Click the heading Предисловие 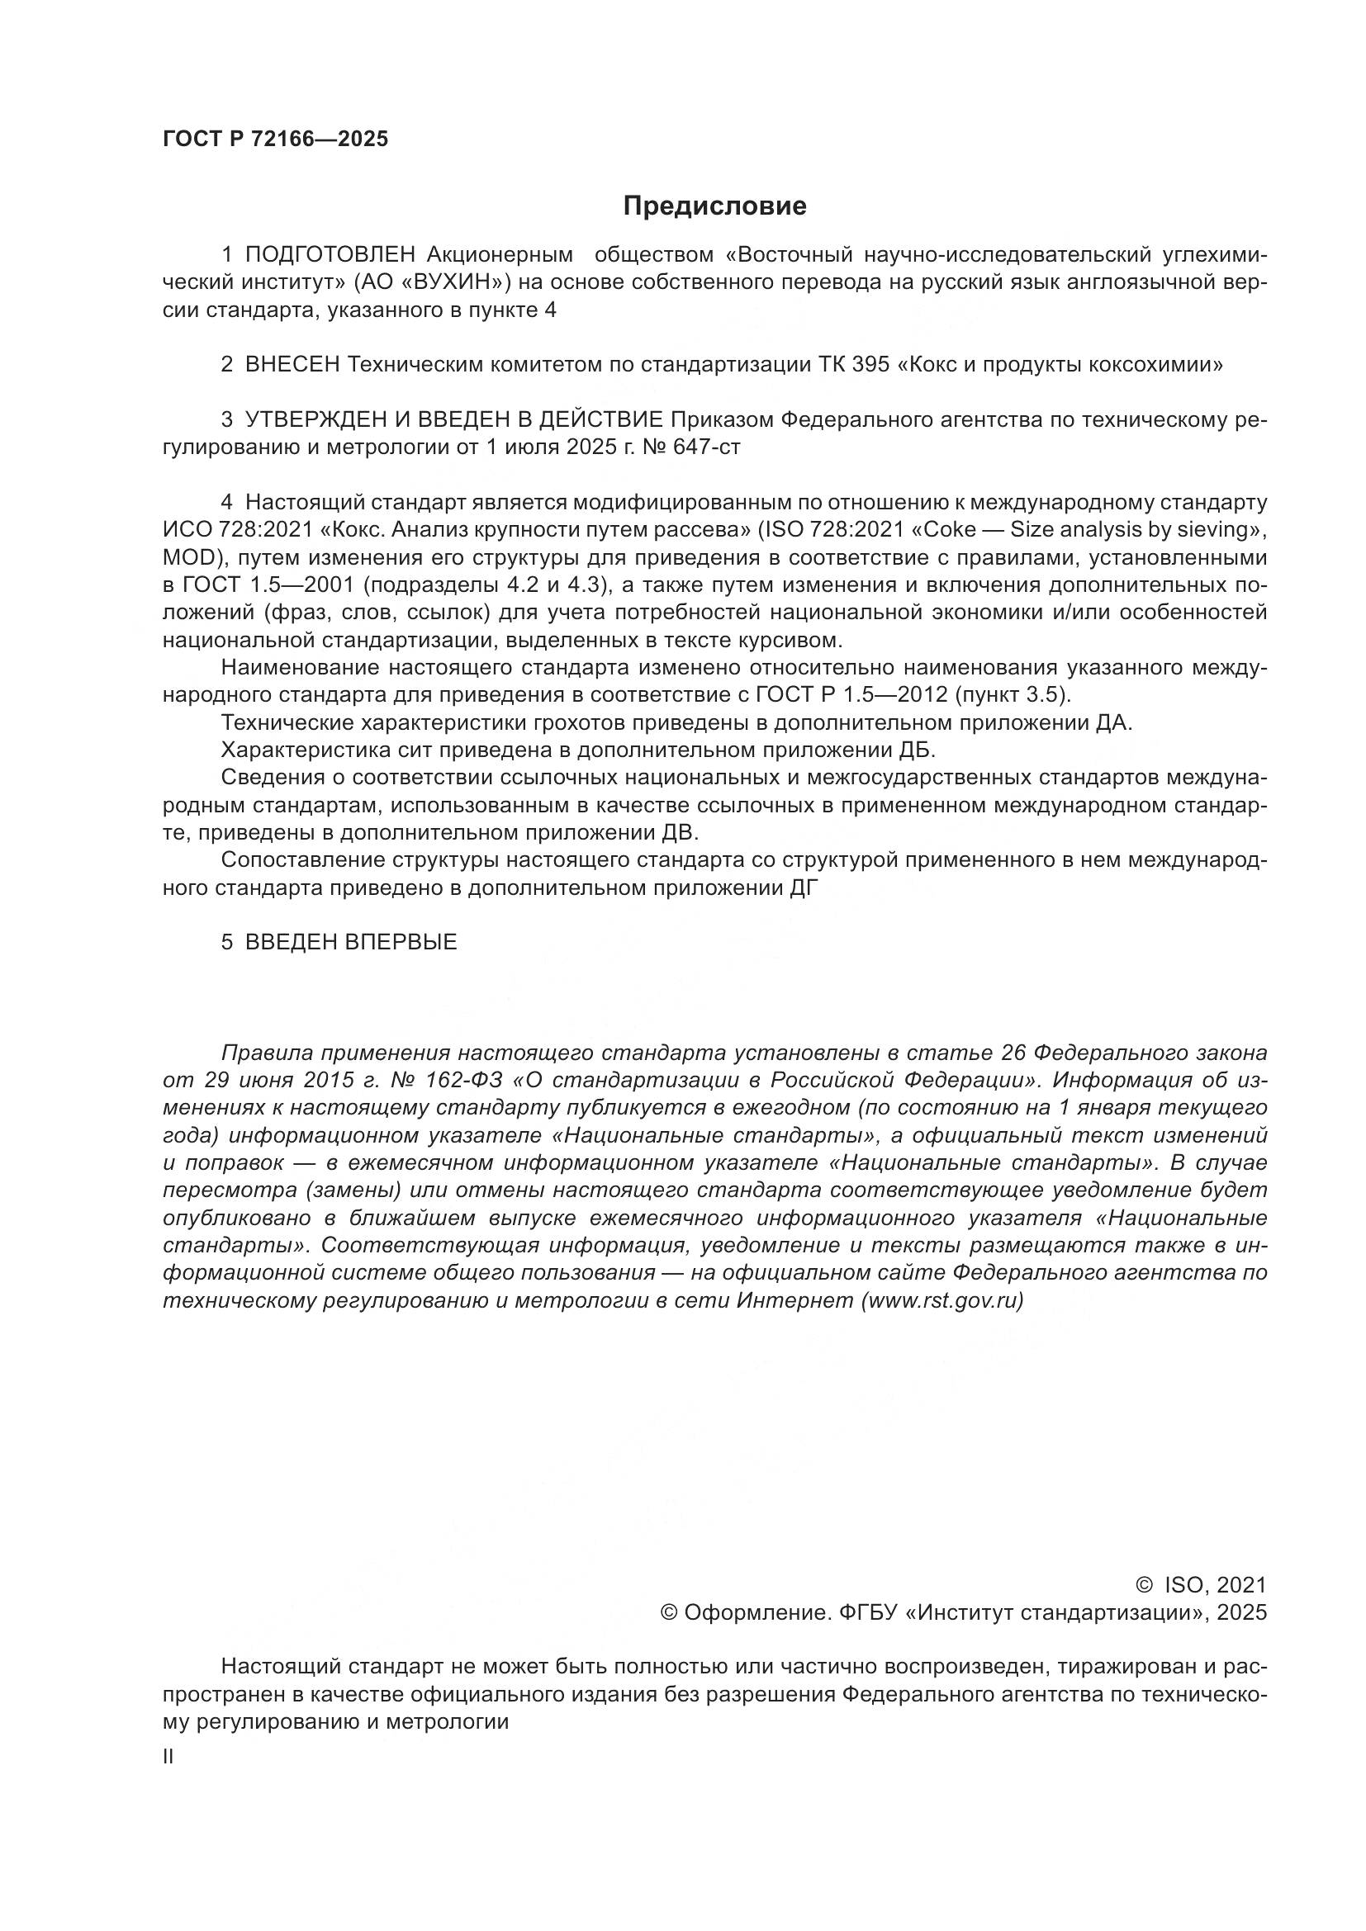point(714,206)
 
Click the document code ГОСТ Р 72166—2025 point(275,140)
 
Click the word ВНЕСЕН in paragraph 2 point(292,365)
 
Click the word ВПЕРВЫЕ point(401,942)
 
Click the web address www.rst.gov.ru point(942,1300)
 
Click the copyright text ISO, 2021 point(1215,1585)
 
